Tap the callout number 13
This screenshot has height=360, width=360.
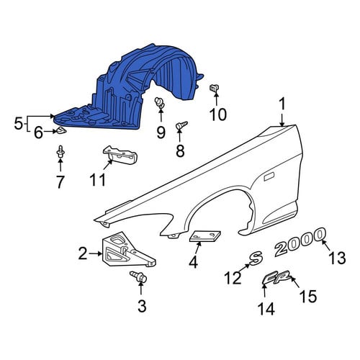[337, 258]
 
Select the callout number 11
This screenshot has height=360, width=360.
[97, 179]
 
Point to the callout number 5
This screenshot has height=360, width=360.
[18, 124]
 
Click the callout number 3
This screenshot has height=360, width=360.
[142, 306]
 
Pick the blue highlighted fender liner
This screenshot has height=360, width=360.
[128, 86]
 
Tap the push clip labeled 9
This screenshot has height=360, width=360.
[160, 103]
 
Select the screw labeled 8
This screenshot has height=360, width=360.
[181, 125]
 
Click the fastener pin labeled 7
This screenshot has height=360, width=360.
[60, 152]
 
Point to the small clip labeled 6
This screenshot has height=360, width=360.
[60, 131]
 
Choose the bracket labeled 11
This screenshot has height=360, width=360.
[120, 156]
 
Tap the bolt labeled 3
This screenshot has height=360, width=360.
[139, 276]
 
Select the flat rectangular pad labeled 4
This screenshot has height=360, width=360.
[205, 236]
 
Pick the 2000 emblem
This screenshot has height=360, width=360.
[300, 242]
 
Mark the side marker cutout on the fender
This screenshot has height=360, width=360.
[269, 177]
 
